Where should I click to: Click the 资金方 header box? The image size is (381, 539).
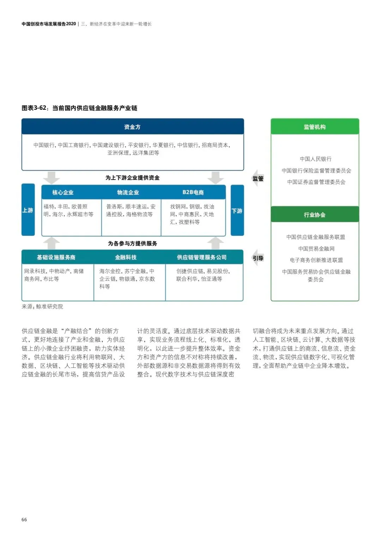pyautogui.click(x=132, y=127)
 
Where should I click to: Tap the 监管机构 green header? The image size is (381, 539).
pyautogui.click(x=315, y=127)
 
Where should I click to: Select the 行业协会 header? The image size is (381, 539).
pyautogui.click(x=315, y=215)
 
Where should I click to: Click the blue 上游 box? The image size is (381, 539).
pyautogui.click(x=28, y=210)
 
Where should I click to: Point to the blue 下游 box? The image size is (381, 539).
pyautogui.click(x=237, y=210)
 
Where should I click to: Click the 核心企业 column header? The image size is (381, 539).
pyautogui.click(x=63, y=192)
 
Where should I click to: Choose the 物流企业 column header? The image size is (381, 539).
pyautogui.click(x=128, y=192)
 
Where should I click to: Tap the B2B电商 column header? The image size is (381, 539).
pyautogui.click(x=193, y=192)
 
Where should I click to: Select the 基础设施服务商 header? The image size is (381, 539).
pyautogui.click(x=56, y=257)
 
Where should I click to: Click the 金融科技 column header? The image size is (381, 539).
pyautogui.click(x=126, y=257)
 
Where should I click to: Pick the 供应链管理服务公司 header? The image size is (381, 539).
pyautogui.click(x=202, y=257)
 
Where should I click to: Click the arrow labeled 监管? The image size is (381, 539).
pyautogui.click(x=258, y=178)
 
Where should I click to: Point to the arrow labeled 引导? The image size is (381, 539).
pyautogui.click(x=258, y=258)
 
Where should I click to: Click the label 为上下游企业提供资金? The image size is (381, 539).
pyautogui.click(x=132, y=178)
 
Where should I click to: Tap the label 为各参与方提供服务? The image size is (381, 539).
pyautogui.click(x=132, y=244)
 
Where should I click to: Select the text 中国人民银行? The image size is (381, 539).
pyautogui.click(x=316, y=159)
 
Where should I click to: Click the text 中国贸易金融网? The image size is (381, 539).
pyautogui.click(x=316, y=248)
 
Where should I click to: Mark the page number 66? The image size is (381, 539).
pyautogui.click(x=24, y=520)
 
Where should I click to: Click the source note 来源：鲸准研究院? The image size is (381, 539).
pyautogui.click(x=42, y=306)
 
